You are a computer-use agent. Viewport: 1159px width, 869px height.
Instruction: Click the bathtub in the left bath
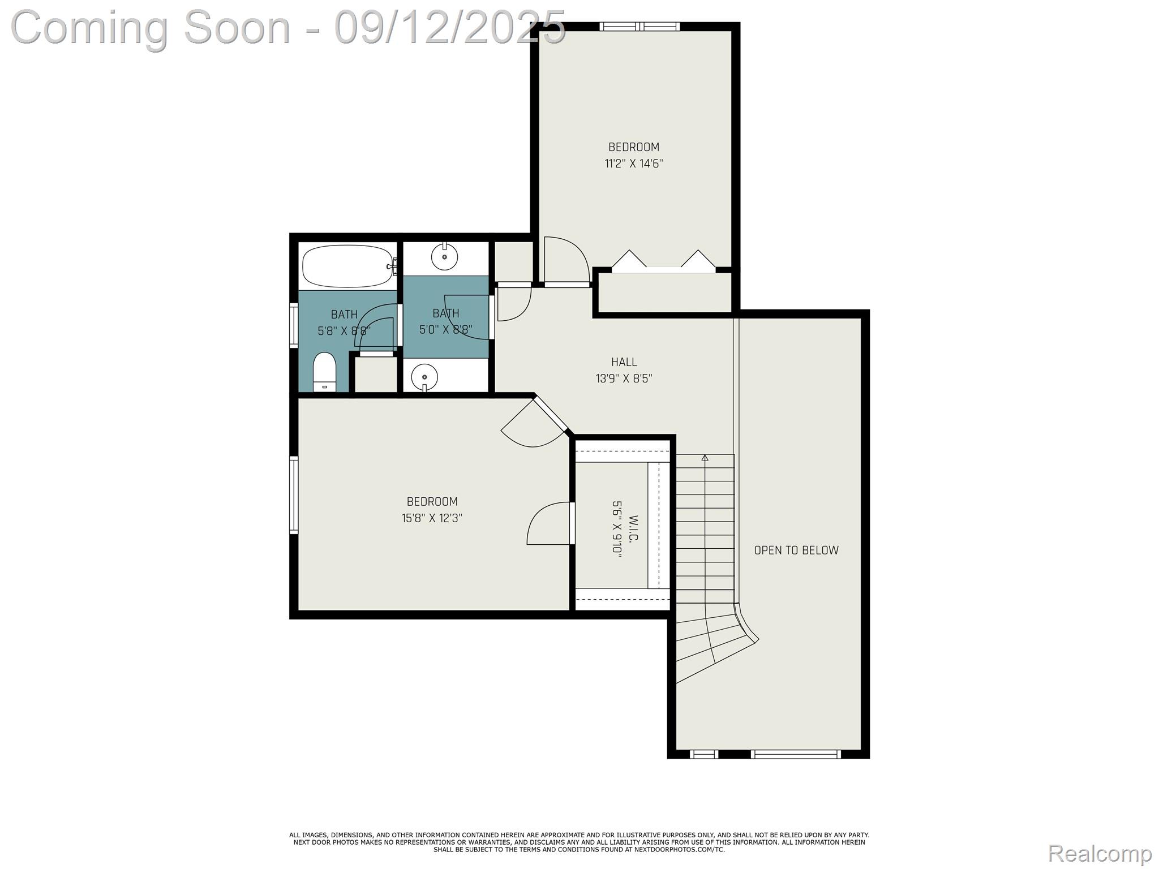[x=347, y=266]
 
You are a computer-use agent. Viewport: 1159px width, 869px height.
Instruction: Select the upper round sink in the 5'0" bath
[x=444, y=257]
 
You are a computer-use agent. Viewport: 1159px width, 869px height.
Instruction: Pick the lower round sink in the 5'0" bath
[x=424, y=376]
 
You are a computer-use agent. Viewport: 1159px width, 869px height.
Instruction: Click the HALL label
[x=624, y=362]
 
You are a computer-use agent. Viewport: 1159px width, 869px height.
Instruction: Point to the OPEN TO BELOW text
[x=796, y=550]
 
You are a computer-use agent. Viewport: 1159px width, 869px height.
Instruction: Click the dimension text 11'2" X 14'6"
[x=633, y=164]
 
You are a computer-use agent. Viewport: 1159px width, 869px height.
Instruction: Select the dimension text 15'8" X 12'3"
[x=432, y=518]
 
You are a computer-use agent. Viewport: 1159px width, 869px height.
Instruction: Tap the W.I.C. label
[x=633, y=528]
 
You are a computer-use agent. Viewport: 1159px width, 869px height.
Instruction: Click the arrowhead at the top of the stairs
[x=705, y=458]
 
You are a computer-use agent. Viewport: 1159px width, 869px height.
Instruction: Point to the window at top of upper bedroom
[x=639, y=26]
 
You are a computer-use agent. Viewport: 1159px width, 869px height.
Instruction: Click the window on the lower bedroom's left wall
[x=294, y=495]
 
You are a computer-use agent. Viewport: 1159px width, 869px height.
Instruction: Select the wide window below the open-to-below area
[x=795, y=754]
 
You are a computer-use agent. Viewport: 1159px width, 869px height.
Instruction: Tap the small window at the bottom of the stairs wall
[x=704, y=754]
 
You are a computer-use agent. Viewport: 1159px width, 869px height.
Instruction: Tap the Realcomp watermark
[x=1100, y=853]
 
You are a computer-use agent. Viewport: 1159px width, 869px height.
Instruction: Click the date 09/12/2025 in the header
[x=450, y=27]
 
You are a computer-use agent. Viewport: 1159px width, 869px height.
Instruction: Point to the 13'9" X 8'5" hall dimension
[x=624, y=378]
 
